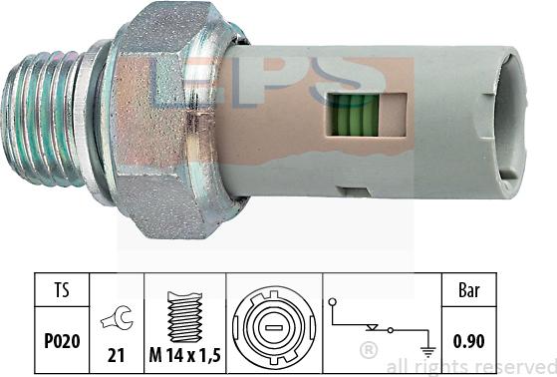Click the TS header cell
pyautogui.click(x=62, y=290)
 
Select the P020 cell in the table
pyautogui.click(x=62, y=341)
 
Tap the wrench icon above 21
pyautogui.click(x=118, y=317)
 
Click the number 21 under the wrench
pyautogui.click(x=116, y=355)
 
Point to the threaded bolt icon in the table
pyautogui.click(x=184, y=316)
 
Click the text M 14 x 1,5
pyautogui.click(x=184, y=355)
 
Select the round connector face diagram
pyautogui.click(x=274, y=326)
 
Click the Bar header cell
pyautogui.click(x=469, y=290)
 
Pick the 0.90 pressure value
pyautogui.click(x=469, y=341)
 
